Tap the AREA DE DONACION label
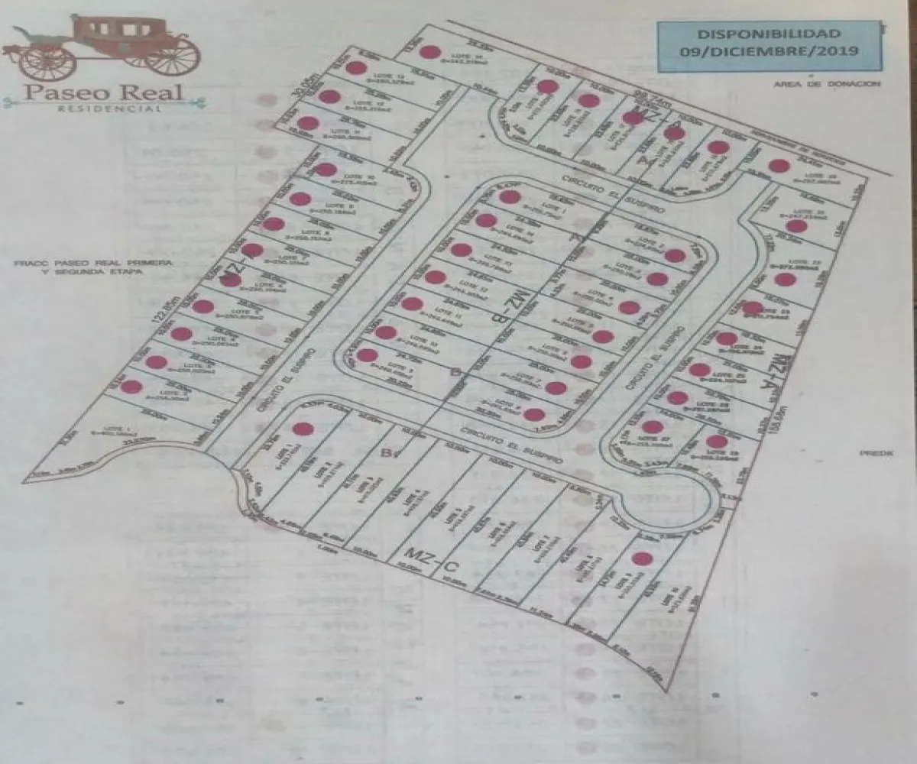click(827, 84)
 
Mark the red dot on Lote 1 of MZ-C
click(303, 429)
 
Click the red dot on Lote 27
click(650, 427)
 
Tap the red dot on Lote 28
click(716, 441)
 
